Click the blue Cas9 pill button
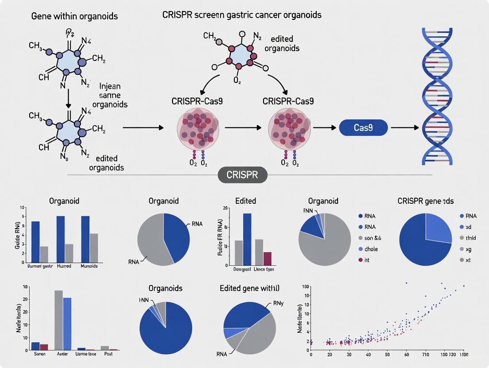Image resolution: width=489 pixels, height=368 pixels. pyautogui.click(x=363, y=127)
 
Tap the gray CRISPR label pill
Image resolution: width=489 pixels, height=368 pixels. pyautogui.click(x=244, y=174)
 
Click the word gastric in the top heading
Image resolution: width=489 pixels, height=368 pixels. pyautogui.click(x=232, y=15)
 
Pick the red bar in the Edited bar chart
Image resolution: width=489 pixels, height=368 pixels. pyautogui.click(x=267, y=258)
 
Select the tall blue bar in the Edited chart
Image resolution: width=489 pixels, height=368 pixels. pyautogui.click(x=247, y=239)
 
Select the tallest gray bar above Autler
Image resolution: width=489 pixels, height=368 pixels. pyautogui.click(x=58, y=320)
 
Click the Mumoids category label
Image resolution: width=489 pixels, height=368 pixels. pyautogui.click(x=89, y=267)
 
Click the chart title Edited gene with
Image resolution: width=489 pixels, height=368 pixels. pyautogui.click(x=249, y=288)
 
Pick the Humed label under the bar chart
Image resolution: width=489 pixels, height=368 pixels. pyautogui.click(x=64, y=267)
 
